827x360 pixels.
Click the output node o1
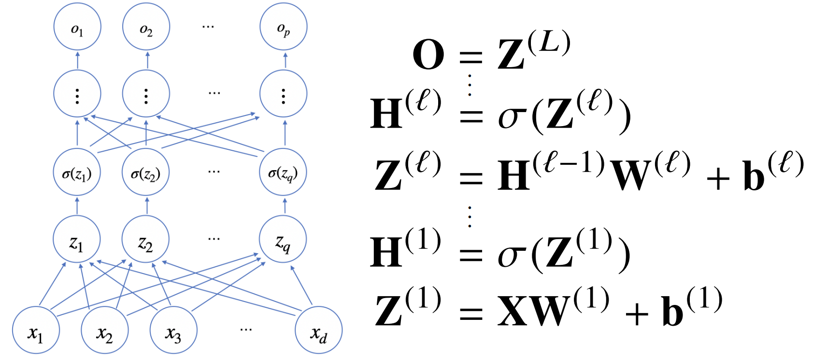77,28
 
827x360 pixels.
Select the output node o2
146,28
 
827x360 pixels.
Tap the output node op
284,28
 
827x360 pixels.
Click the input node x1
36,331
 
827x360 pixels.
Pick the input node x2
105,331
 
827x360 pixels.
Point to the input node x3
173,331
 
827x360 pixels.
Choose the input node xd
319,331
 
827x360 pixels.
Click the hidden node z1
77,240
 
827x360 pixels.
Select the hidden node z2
146,240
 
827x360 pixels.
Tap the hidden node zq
283,240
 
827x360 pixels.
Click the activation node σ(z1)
77,173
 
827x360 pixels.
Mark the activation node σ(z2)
146,173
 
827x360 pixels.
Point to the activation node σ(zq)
283,173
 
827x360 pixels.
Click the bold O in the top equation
428,55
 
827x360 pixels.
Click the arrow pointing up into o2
147,60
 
